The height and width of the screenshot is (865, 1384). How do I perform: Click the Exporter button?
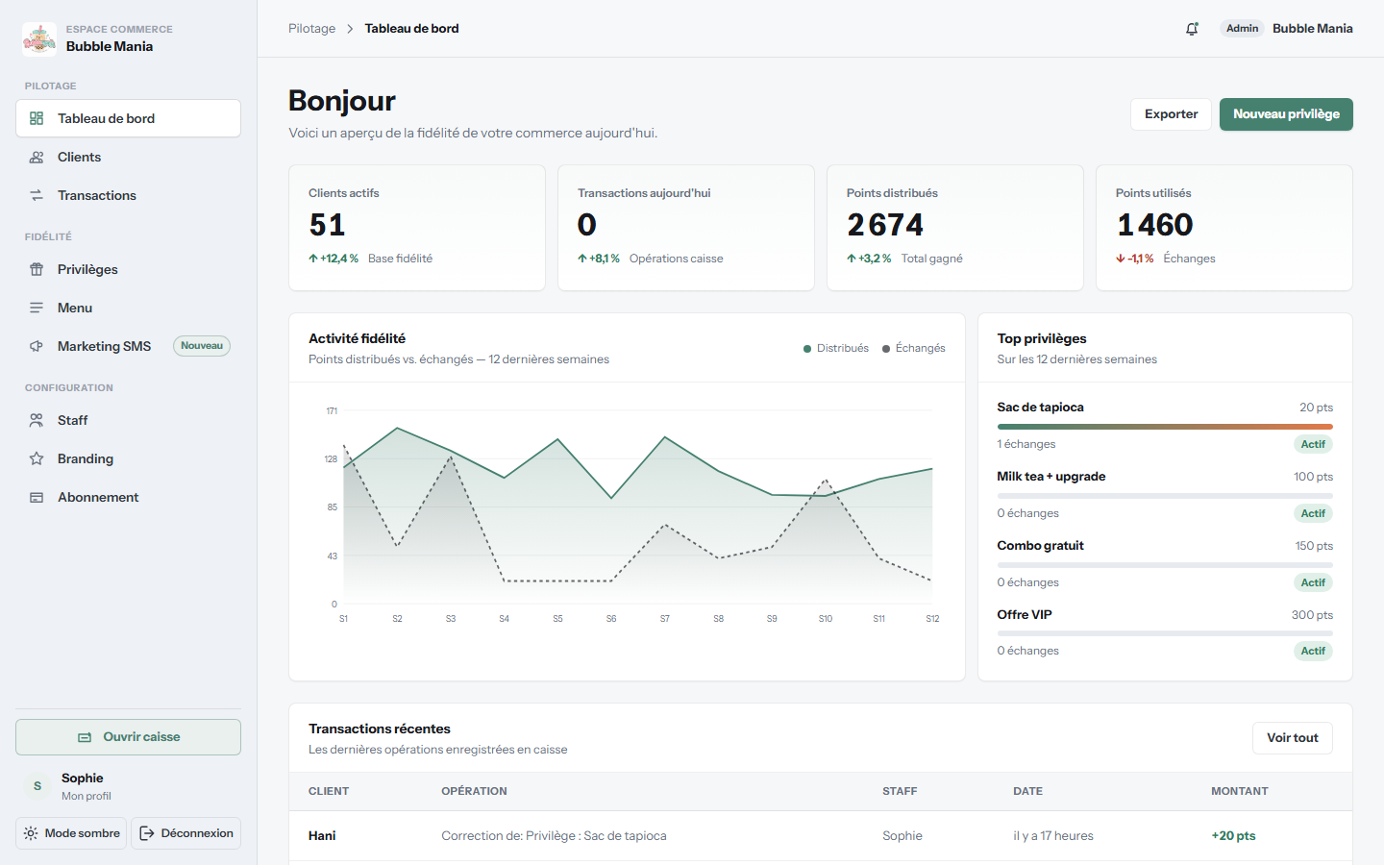(1171, 114)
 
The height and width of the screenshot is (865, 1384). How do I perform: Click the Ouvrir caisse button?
(128, 736)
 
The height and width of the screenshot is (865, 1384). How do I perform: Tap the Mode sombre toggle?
(71, 833)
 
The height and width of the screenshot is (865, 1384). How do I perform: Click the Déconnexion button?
(186, 833)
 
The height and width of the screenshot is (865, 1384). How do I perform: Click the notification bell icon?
(1192, 29)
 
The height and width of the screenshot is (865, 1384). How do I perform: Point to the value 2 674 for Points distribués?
(885, 224)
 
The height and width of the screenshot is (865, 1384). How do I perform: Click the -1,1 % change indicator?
(1134, 259)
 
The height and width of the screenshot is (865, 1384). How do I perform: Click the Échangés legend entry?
(913, 348)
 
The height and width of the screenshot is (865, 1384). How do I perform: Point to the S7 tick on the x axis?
(665, 619)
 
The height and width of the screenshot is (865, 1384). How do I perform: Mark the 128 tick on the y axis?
(332, 459)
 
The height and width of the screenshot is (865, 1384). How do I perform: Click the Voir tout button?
(1293, 738)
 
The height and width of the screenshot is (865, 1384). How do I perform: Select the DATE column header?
(1027, 791)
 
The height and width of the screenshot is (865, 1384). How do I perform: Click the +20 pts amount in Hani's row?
(1233, 835)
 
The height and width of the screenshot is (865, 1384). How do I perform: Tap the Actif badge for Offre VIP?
(1313, 651)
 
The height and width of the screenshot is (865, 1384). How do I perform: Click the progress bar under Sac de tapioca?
(1165, 427)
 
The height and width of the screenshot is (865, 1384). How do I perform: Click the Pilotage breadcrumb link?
(312, 29)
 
